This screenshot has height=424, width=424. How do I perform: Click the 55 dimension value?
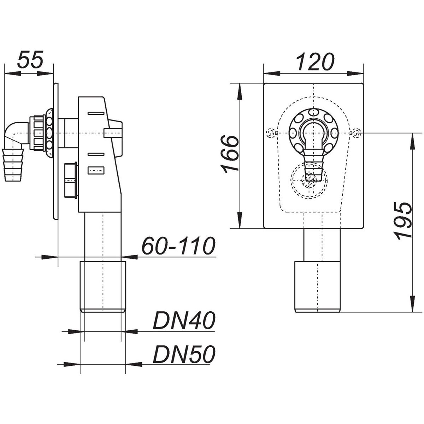[30, 59]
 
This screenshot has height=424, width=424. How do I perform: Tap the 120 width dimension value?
[315, 62]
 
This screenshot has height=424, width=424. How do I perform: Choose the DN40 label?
[184, 320]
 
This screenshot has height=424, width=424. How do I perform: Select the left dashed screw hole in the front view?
[270, 133]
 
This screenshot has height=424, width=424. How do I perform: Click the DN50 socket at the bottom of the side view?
[103, 287]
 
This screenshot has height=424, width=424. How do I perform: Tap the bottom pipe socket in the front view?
[318, 287]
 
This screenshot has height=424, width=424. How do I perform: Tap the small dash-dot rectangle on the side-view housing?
[96, 171]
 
